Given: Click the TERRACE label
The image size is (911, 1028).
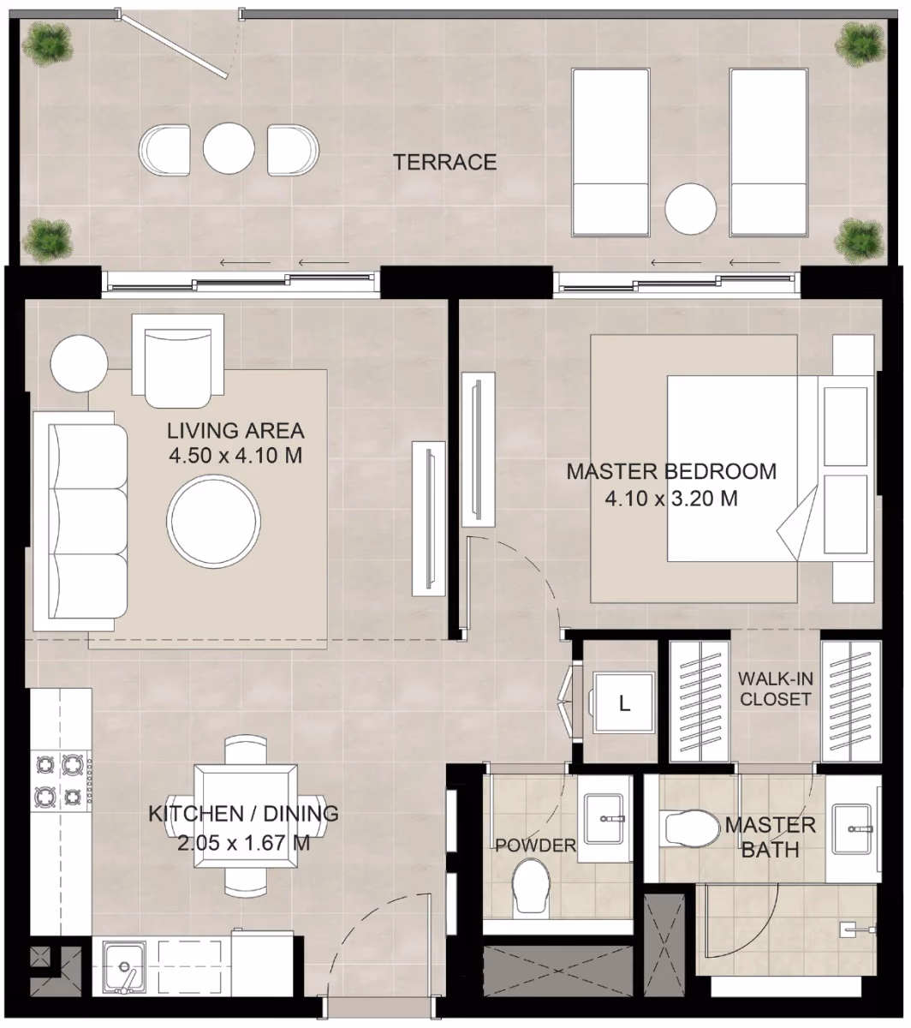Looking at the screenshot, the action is (445, 163).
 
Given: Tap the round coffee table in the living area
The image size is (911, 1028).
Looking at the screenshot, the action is (213, 521).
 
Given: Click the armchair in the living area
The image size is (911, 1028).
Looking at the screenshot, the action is (177, 361).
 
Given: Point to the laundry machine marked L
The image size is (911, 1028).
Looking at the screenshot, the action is (623, 702).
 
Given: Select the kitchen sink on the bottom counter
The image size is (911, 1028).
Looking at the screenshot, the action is (125, 967).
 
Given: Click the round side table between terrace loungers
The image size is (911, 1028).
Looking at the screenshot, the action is (690, 208).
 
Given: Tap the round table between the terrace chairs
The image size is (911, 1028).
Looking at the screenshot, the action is (229, 149).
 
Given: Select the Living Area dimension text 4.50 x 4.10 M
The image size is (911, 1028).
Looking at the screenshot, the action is (235, 455).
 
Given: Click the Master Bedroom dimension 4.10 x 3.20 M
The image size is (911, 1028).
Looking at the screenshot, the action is (671, 499).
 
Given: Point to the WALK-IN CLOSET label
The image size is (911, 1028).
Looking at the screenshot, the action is (775, 689).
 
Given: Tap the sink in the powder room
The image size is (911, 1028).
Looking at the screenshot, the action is (604, 819).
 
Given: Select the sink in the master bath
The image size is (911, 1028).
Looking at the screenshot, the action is (854, 829).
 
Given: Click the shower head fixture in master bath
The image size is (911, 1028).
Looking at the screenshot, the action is (857, 930).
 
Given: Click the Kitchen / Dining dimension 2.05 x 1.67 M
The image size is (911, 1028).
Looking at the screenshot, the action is (243, 843).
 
